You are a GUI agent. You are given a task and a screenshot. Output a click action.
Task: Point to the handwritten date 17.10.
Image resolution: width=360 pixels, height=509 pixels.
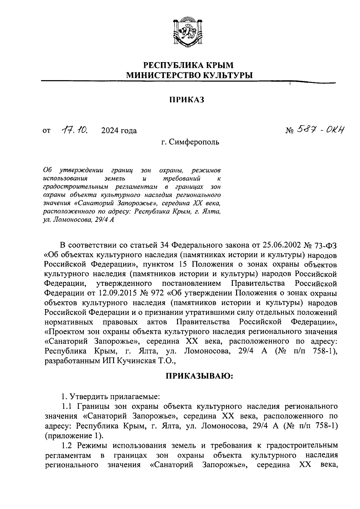pos(74,130)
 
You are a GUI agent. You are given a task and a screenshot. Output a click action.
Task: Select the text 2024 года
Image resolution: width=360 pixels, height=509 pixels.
pos(119,131)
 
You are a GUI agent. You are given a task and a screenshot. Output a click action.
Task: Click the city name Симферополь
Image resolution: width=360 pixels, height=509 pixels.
pos(194,142)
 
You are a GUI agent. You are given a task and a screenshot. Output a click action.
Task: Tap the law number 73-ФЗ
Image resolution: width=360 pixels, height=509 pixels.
pos(325,245)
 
